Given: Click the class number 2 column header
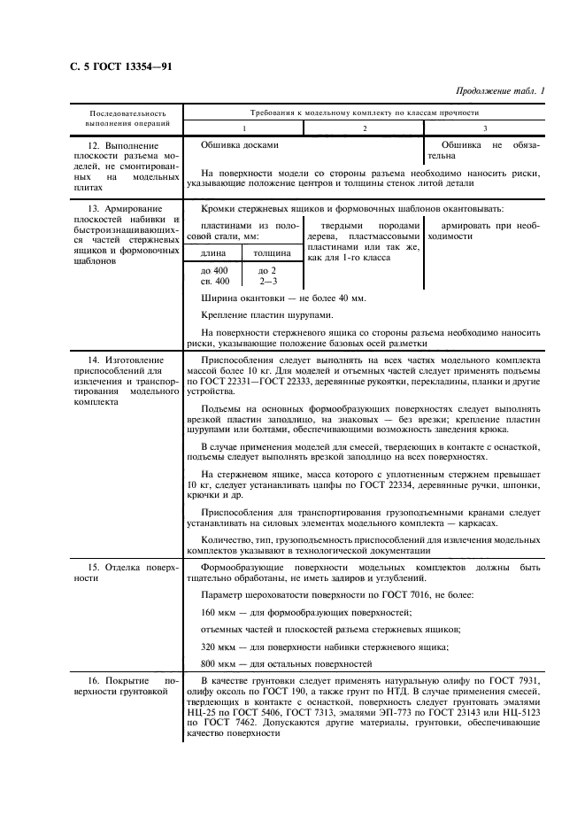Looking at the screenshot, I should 364,128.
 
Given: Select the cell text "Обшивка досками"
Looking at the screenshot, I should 240,144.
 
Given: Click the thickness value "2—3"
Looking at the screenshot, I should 267,281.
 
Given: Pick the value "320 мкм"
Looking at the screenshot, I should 219,646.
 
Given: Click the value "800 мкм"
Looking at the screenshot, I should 219,662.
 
